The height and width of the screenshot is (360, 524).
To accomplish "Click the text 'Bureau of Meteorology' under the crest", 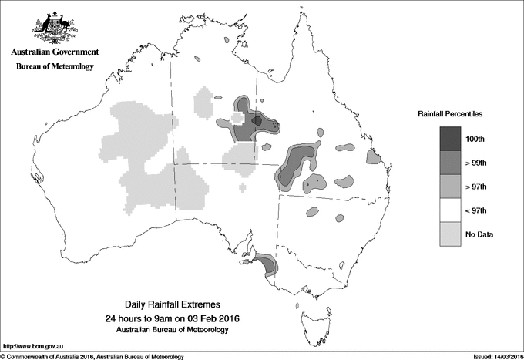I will click(55, 67).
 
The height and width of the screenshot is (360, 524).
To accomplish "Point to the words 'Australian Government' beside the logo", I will click(55, 52).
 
